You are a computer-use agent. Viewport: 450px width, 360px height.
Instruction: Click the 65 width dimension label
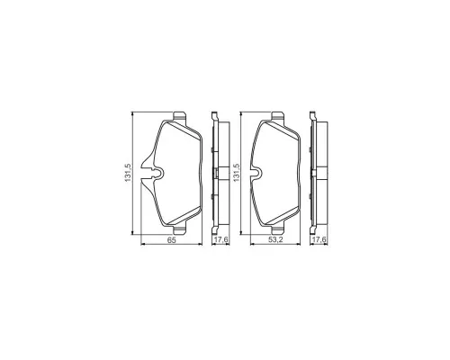171,239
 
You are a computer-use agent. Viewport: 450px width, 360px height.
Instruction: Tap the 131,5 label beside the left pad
128,173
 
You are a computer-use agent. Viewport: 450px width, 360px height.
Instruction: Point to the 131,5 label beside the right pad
237,173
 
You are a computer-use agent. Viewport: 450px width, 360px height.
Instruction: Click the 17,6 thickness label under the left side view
220,239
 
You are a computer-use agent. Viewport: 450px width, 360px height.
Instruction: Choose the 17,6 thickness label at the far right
319,239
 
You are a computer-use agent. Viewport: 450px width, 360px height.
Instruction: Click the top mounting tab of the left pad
180,116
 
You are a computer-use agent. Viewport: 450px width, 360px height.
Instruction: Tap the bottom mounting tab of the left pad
180,229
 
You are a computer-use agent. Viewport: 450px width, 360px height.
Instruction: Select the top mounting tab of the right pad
277,116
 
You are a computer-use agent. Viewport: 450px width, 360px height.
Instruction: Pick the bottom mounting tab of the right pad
277,229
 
